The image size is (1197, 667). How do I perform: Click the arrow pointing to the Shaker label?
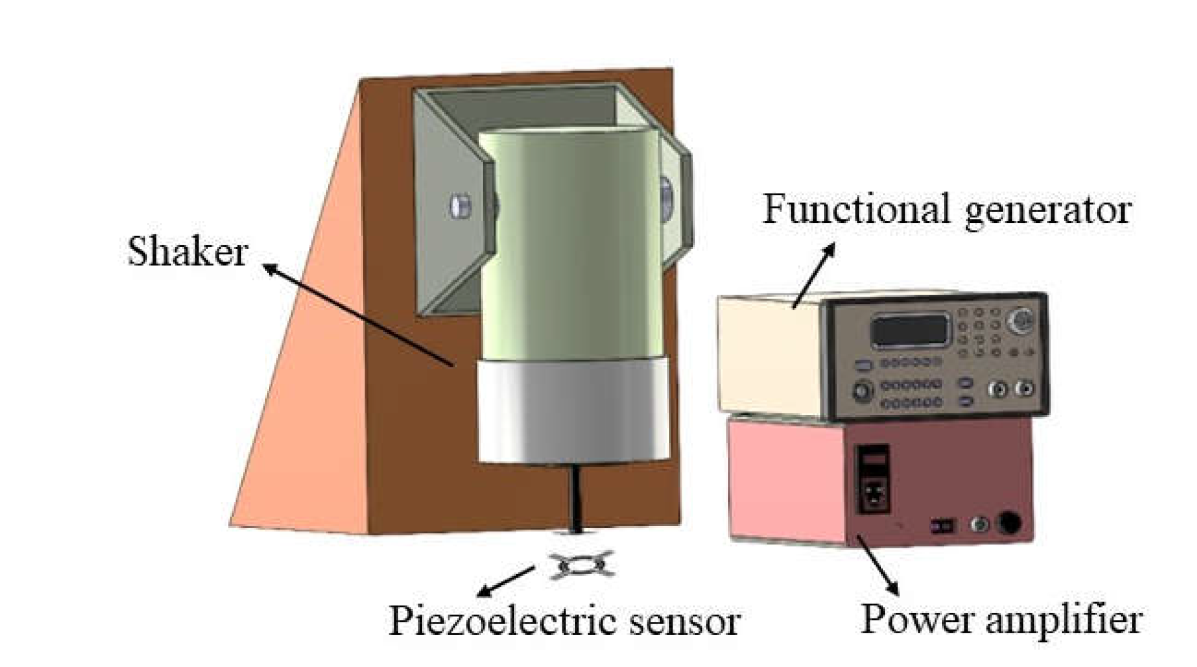click(359, 315)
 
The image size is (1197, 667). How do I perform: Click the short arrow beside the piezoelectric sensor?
click(505, 581)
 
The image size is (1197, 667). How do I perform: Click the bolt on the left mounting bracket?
click(460, 206)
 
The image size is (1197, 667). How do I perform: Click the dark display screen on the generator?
click(910, 330)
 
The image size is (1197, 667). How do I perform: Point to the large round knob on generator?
click(1022, 319)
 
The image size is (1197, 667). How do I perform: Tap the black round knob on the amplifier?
click(1009, 523)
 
